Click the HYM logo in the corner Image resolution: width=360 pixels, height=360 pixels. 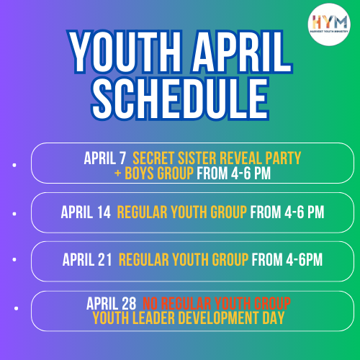click(x=329, y=24)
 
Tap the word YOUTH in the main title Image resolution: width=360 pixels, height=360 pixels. click(x=125, y=52)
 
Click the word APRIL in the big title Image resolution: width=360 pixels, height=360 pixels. click(x=242, y=52)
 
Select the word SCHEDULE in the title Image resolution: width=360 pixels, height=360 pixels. click(x=180, y=99)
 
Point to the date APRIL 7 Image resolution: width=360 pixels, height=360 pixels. click(x=105, y=158)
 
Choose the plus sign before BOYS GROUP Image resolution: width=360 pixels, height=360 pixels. click(x=118, y=173)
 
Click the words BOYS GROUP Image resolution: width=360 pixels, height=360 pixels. click(x=159, y=174)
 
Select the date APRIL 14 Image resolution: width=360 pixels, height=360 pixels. click(x=86, y=212)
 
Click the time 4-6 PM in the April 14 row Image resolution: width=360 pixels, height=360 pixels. click(x=305, y=212)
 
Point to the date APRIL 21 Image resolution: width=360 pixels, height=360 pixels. click(x=87, y=260)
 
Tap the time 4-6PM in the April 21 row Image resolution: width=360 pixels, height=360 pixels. click(x=305, y=260)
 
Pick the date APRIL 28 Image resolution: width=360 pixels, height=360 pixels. click(x=112, y=303)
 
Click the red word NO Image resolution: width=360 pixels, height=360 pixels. click(x=150, y=303)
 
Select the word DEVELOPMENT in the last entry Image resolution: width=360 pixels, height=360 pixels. click(x=219, y=318)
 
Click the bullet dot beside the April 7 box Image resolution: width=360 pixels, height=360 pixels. click(x=14, y=165)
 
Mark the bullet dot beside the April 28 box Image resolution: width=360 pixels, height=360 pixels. click(x=16, y=308)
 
